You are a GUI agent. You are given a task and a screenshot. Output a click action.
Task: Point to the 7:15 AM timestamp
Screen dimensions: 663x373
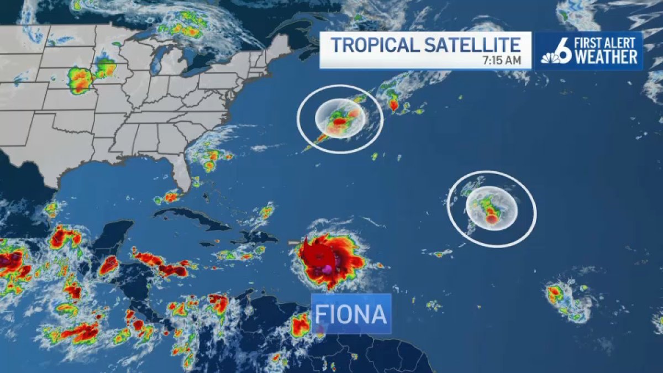(503, 61)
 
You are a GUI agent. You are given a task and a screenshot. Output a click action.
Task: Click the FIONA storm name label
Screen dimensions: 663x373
(351, 314)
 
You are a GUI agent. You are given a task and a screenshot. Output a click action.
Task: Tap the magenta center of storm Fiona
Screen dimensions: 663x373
(327, 268)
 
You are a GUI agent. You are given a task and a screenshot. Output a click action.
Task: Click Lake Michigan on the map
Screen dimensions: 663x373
(156, 61)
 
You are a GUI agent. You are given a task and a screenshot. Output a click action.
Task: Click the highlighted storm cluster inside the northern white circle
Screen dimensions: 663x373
(339, 119)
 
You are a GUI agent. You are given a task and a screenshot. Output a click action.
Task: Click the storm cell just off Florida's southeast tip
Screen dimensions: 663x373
(170, 196)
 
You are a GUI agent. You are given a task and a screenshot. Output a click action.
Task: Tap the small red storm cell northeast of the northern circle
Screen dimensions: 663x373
(393, 104)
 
